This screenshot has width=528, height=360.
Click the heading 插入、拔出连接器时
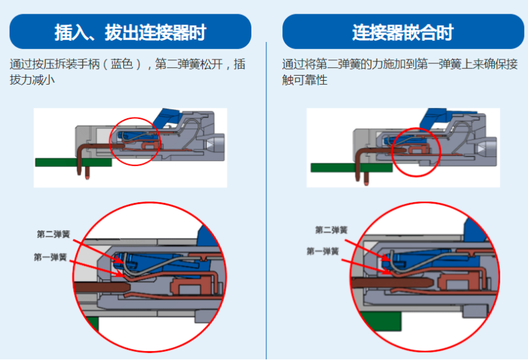click(130, 32)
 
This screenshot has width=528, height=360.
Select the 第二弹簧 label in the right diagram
click(332, 230)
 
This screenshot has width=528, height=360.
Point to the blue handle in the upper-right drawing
click(439, 119)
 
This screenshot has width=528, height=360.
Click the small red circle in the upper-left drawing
click(135, 141)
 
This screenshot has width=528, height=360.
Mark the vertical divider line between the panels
click(266, 194)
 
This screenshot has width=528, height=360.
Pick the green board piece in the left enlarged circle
click(91, 323)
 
